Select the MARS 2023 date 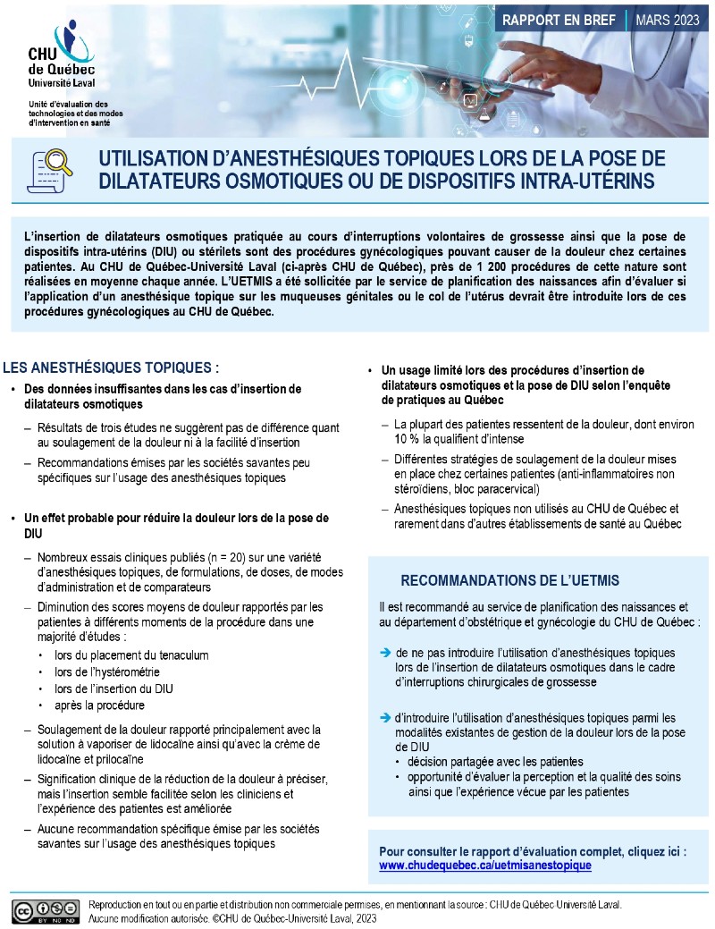click(669, 19)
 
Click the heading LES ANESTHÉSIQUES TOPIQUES click(112, 367)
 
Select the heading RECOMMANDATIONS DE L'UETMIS click(509, 580)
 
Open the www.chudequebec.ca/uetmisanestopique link click(485, 866)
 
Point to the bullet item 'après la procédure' click(98, 705)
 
